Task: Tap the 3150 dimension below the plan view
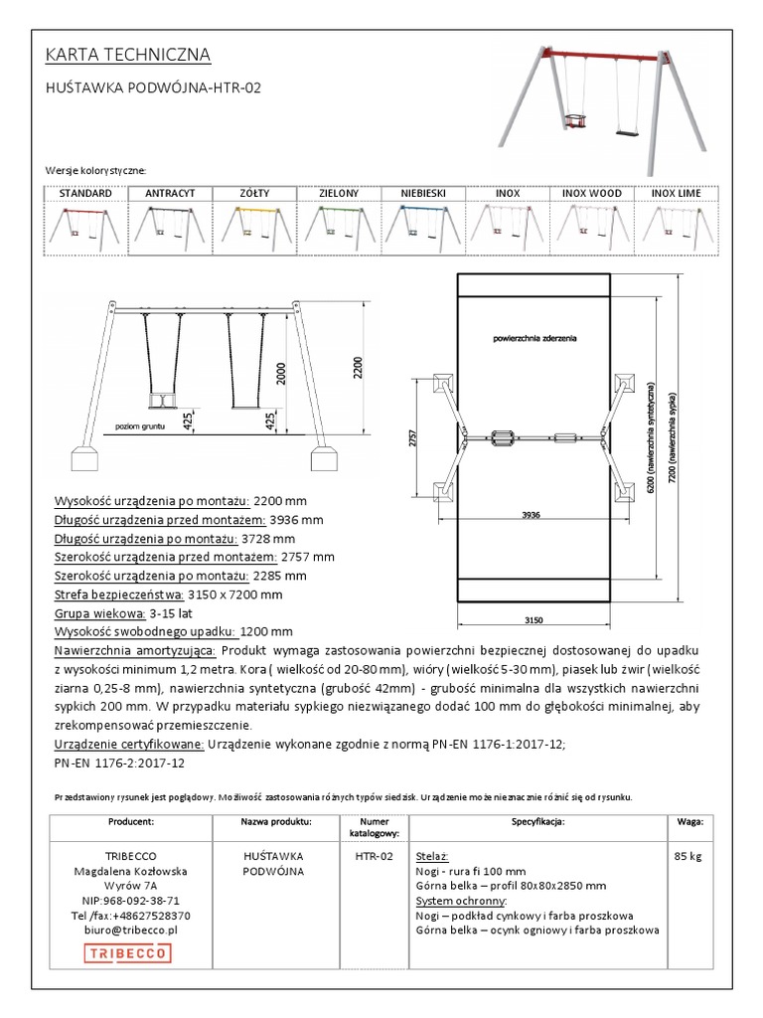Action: [534, 620]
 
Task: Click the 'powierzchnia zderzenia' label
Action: [534, 339]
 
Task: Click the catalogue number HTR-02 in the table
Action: [374, 856]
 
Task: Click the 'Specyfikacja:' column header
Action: [537, 822]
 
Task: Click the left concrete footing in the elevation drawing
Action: [84, 458]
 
